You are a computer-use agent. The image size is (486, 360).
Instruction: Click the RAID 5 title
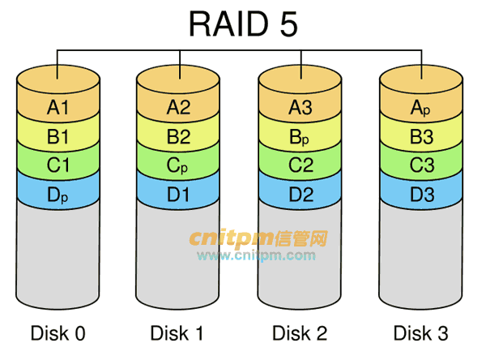pyautogui.click(x=243, y=24)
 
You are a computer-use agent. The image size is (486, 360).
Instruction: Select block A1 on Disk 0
pyautogui.click(x=58, y=106)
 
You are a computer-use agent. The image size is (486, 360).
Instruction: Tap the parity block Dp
pyautogui.click(x=58, y=195)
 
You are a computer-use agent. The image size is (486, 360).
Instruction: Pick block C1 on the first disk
pyautogui.click(x=58, y=165)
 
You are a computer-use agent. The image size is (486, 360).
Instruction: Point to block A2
pyautogui.click(x=178, y=106)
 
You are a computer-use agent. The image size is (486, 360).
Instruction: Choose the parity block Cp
pyautogui.click(x=178, y=165)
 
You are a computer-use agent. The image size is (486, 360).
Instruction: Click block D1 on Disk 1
pyautogui.click(x=178, y=195)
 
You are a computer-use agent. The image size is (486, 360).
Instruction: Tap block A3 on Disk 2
pyautogui.click(x=300, y=106)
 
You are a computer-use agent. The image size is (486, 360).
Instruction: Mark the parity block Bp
pyautogui.click(x=300, y=136)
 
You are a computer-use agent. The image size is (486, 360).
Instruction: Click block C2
pyautogui.click(x=300, y=165)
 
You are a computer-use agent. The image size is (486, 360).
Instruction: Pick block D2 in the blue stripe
pyautogui.click(x=300, y=195)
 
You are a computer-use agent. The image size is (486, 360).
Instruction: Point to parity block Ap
pyautogui.click(x=420, y=106)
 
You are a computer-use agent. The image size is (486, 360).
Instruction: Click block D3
pyautogui.click(x=420, y=195)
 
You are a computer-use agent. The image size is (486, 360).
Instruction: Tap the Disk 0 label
pyautogui.click(x=58, y=332)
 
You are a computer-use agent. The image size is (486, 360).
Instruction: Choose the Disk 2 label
pyautogui.click(x=300, y=332)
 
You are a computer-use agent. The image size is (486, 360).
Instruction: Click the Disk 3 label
pyautogui.click(x=420, y=332)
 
